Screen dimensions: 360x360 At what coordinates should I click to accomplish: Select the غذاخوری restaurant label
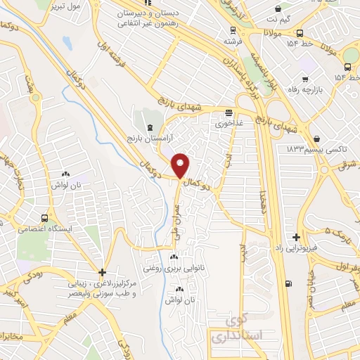point(229,123)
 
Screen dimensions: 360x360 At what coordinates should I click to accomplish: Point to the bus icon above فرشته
point(233,30)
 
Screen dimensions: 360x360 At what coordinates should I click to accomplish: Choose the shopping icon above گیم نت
point(280,10)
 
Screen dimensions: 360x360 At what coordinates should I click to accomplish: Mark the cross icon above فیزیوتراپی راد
point(297,237)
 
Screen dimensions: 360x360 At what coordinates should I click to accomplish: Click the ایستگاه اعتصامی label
point(46,229)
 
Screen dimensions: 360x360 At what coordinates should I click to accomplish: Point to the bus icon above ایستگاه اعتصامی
point(46,217)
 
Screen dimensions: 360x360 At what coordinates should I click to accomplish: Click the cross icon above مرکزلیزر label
point(103,272)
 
